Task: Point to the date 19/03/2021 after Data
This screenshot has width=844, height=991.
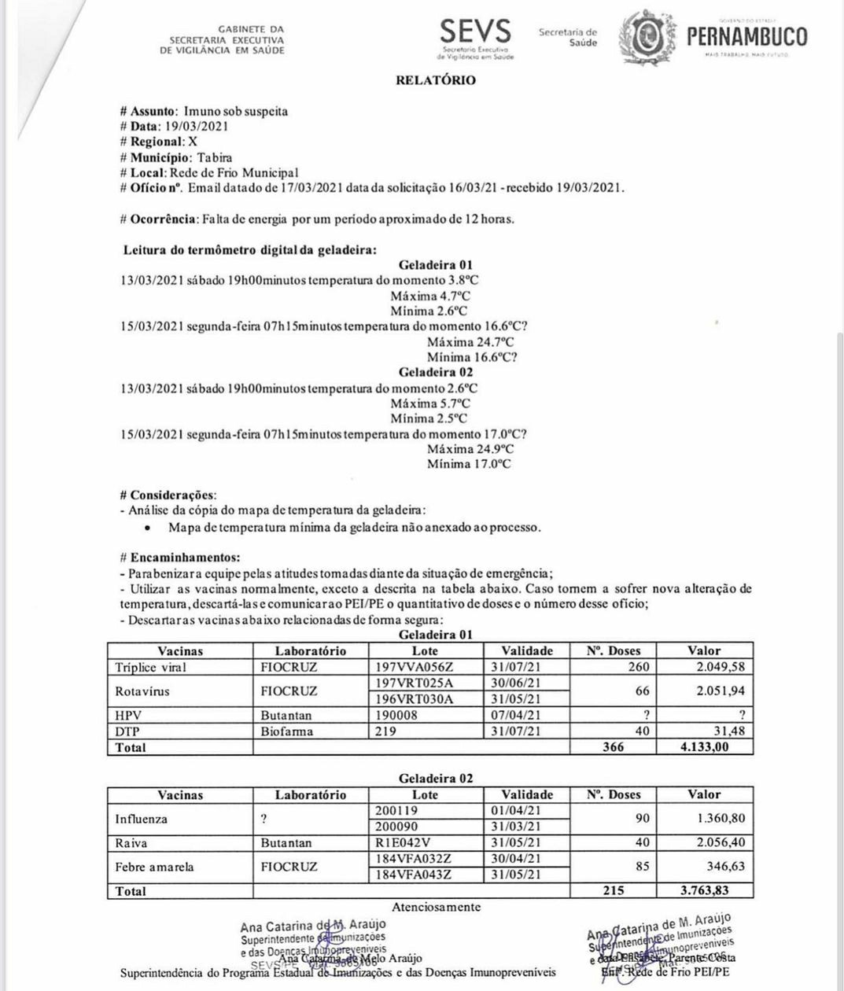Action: [x=196, y=127]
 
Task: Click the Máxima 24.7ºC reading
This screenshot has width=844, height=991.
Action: [x=470, y=342]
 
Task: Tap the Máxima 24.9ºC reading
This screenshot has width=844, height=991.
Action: [x=470, y=449]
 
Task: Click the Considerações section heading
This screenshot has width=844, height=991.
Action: [x=168, y=495]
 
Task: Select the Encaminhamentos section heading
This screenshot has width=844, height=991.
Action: [x=174, y=557]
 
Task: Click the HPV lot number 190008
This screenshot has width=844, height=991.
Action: [x=396, y=716]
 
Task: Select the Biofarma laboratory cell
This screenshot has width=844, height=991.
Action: [x=287, y=731]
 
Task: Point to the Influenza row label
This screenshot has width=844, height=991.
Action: [x=142, y=819]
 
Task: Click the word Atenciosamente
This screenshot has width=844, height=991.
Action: [x=436, y=907]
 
